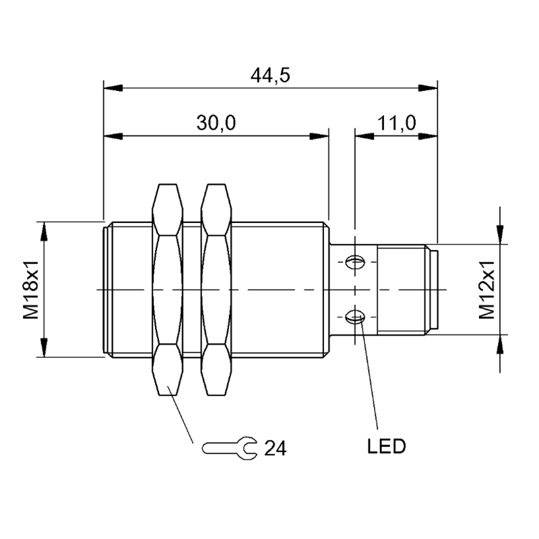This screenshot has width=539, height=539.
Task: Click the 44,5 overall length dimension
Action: (270, 75)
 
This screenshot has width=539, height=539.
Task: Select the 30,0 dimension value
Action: (216, 123)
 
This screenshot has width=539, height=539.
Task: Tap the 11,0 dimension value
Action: (397, 123)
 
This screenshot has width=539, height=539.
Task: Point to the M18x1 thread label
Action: (31, 290)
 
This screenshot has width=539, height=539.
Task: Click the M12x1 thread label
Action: (486, 290)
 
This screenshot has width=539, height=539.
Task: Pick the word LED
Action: (386, 447)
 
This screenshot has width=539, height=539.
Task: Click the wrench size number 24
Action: (275, 448)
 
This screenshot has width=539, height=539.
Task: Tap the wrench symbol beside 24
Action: (229, 448)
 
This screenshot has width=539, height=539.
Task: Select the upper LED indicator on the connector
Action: (356, 262)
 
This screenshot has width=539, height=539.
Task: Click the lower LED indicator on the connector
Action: (356, 317)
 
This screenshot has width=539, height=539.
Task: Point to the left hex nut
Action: (167, 290)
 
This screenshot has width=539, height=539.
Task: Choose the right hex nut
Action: (216, 290)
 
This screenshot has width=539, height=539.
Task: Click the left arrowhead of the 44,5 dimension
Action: (113, 88)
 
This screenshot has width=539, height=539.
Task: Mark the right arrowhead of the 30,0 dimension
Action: (319, 137)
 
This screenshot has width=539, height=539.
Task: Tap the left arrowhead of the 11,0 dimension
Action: (364, 137)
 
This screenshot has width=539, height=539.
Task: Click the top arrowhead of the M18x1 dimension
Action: (44, 231)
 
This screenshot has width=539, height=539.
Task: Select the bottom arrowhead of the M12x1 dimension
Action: (500, 344)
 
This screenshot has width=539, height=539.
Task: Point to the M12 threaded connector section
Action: (402, 290)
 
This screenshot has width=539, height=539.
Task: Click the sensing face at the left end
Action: (106, 290)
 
